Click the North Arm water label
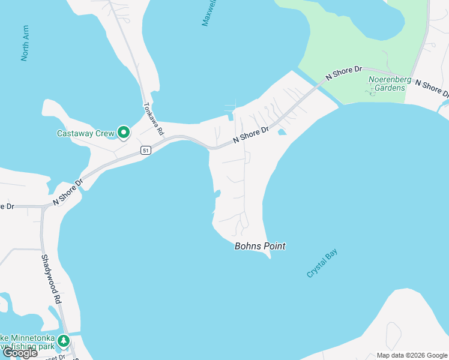click(x=25, y=43)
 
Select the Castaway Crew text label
click(x=85, y=133)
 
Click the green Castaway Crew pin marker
click(x=124, y=132)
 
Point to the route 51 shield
click(x=145, y=151)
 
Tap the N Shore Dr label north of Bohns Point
click(x=251, y=134)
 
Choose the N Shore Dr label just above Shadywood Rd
click(x=68, y=193)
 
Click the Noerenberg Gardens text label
click(x=387, y=83)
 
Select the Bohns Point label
click(x=260, y=246)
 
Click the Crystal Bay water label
click(x=322, y=263)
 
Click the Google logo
click(x=20, y=353)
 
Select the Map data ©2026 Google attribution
click(x=411, y=355)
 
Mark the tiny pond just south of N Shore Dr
click(x=282, y=132)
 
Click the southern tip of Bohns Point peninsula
click(x=270, y=258)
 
